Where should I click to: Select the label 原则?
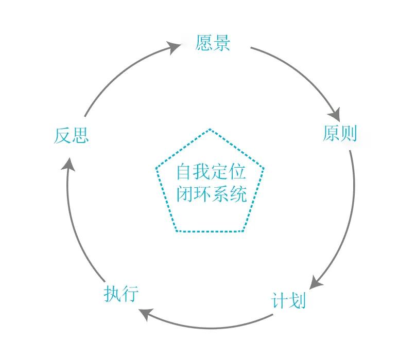click(339, 134)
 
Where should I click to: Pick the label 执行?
click(122, 294)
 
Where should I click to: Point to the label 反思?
click(72, 136)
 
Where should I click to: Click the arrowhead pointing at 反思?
click(69, 164)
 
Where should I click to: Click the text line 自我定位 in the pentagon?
click(211, 171)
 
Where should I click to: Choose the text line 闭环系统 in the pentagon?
click(211, 194)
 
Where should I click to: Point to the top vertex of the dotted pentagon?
click(210, 129)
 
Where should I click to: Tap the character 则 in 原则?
click(349, 134)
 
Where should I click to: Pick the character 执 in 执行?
click(113, 294)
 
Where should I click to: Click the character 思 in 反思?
click(80, 136)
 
